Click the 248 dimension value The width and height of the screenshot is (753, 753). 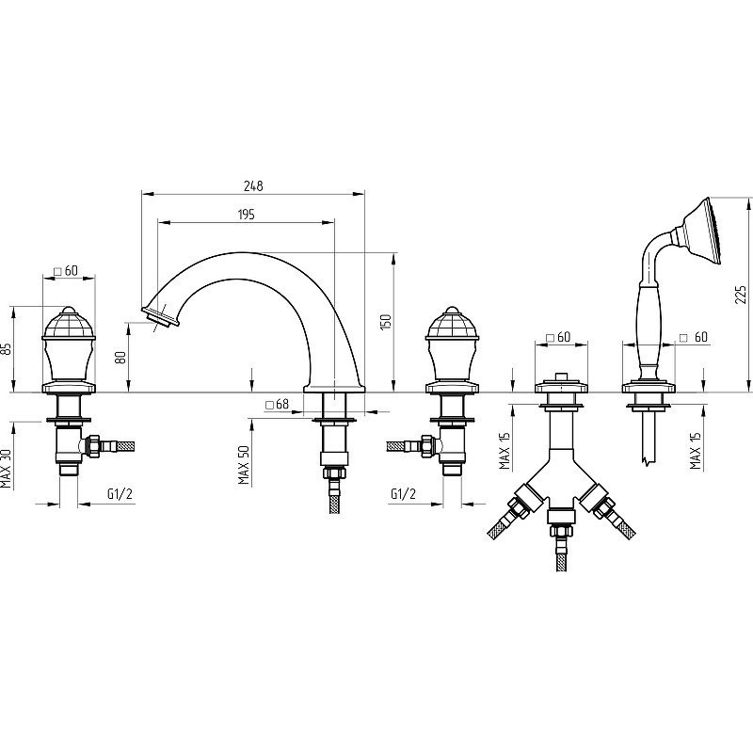click(253, 185)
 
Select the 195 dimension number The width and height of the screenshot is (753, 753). click(246, 215)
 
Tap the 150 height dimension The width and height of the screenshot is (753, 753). click(387, 321)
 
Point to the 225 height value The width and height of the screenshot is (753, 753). click(741, 295)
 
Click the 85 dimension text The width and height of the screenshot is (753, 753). click(6, 348)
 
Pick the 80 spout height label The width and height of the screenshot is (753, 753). click(120, 357)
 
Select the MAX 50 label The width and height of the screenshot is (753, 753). click(244, 464)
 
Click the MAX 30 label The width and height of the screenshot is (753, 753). click(6, 469)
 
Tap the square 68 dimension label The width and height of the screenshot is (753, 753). click(278, 405)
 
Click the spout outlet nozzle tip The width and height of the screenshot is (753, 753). click(161, 317)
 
